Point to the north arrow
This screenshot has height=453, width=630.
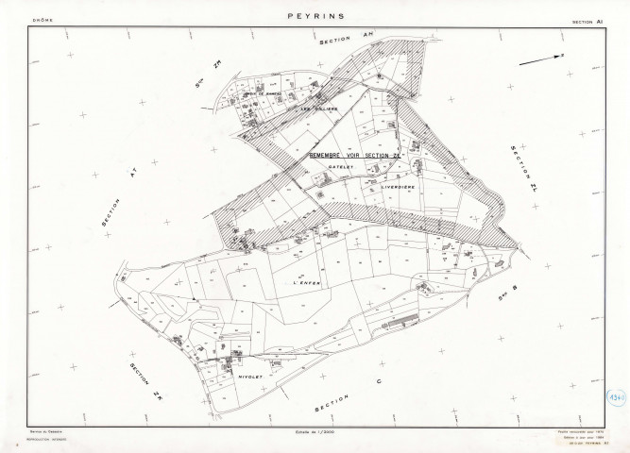[547, 60]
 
